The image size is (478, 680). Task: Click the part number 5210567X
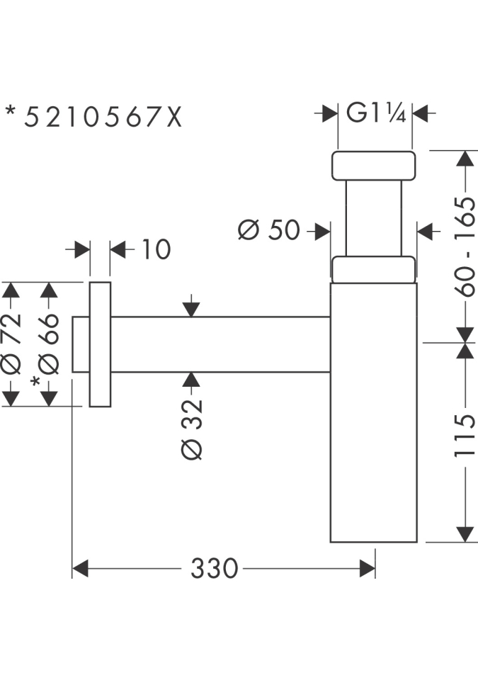tap(103, 116)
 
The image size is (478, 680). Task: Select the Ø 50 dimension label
tap(270, 230)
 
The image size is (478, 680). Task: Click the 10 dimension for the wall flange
tap(156, 249)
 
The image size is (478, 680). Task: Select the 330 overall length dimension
tap(215, 568)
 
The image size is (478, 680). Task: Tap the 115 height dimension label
tap(465, 435)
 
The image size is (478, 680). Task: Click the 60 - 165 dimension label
tap(465, 245)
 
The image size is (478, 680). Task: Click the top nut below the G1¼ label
tap(372, 165)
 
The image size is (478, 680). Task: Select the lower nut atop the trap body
tap(372, 269)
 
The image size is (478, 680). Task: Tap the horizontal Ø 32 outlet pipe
tap(220, 344)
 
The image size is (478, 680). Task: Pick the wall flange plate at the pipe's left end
tap(100, 344)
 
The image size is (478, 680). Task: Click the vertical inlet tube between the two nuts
tap(372, 217)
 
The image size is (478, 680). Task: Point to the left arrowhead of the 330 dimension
tap(80, 568)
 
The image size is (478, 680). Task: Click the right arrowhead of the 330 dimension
tap(368, 568)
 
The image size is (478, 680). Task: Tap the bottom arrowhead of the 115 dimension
tap(465, 534)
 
